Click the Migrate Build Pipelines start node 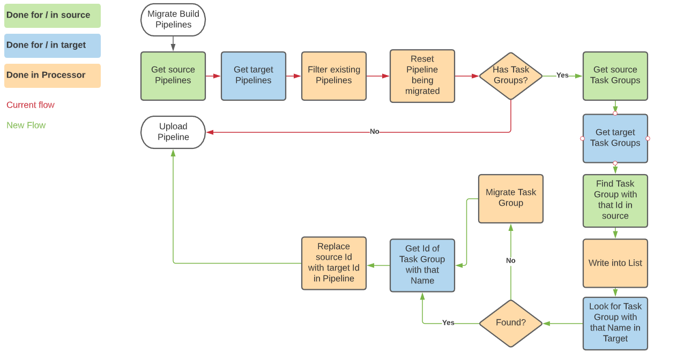(173, 19)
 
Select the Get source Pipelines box (173, 76)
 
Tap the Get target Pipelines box (253, 76)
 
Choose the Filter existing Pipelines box (333, 76)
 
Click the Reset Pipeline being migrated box (422, 76)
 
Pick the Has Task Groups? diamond (510, 76)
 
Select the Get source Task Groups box (615, 76)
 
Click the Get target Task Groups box (615, 138)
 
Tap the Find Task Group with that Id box (615, 200)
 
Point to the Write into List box (615, 263)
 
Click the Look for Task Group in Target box (615, 323)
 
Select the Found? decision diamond (510, 323)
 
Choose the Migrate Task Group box (510, 198)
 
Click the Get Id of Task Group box (422, 265)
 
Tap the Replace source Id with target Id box (333, 263)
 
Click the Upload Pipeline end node (173, 132)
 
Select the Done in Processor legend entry (52, 76)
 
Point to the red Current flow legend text (31, 105)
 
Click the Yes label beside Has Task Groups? (562, 76)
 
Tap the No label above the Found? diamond (510, 261)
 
